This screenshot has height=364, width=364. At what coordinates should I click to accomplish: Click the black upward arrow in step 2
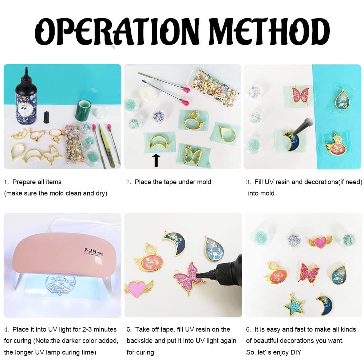(x=156, y=161)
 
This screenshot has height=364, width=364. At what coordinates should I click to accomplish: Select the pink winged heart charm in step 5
(x=139, y=288)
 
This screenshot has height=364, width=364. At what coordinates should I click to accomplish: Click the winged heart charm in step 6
(x=320, y=242)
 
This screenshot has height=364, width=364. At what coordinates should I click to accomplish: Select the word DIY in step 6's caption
(x=296, y=352)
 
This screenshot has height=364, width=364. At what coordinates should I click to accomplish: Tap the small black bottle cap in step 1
(x=47, y=117)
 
